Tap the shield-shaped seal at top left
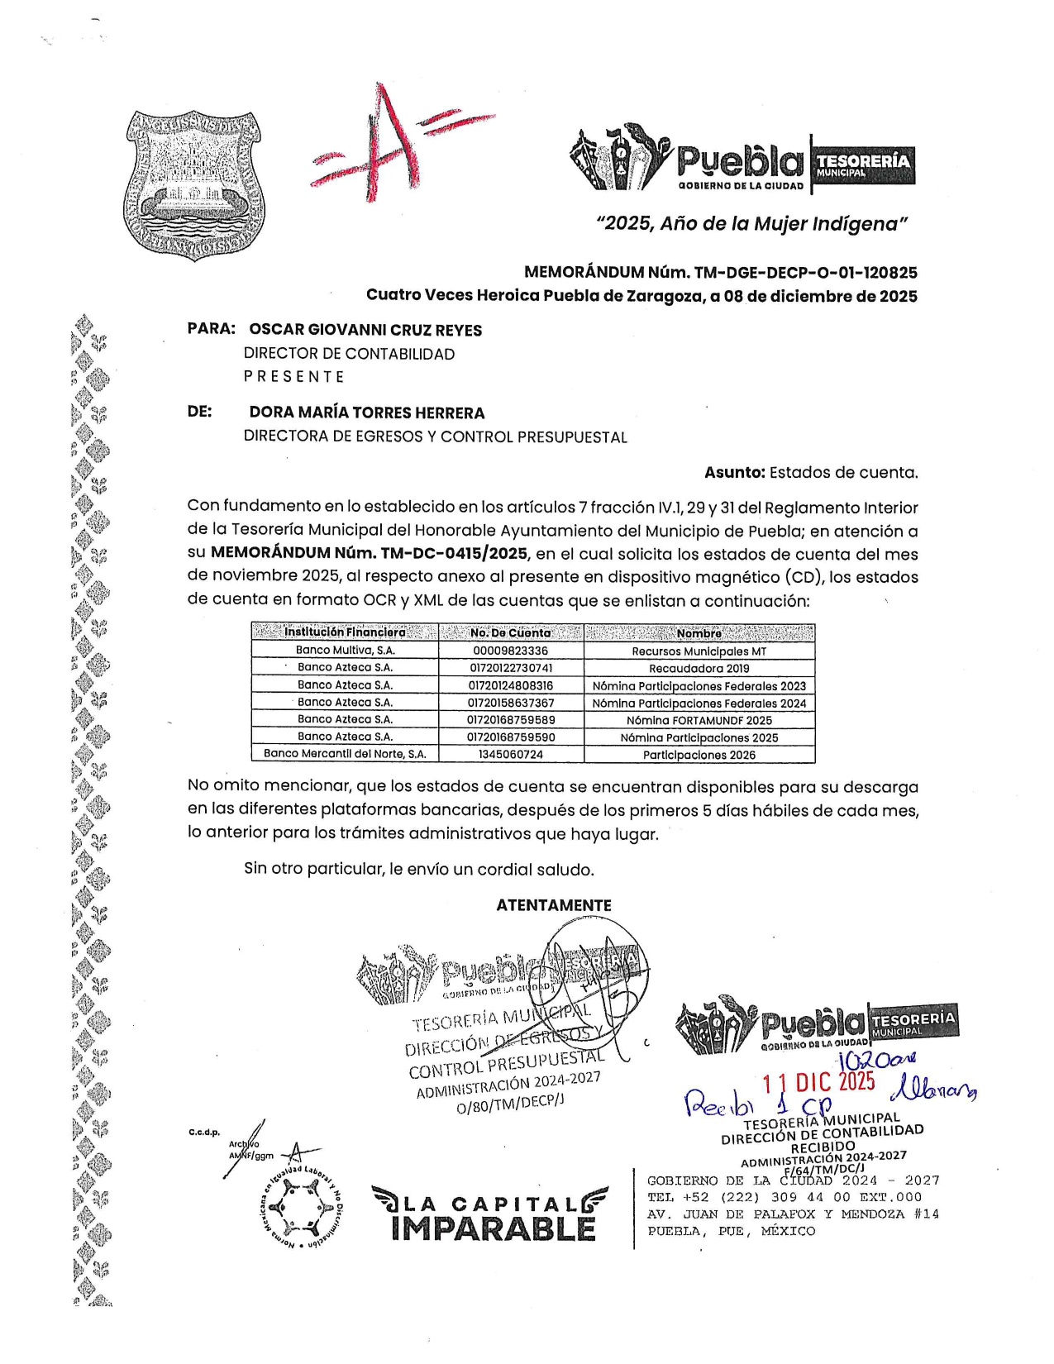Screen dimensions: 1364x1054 (193, 184)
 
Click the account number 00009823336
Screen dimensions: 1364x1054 (510, 651)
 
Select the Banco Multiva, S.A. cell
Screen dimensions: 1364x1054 (346, 651)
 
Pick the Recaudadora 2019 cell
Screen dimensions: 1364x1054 (699, 668)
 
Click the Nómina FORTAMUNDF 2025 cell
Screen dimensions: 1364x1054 (699, 720)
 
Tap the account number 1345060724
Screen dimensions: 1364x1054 (510, 754)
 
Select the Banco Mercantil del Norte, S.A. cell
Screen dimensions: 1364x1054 (345, 754)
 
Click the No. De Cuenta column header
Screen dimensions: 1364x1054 (510, 632)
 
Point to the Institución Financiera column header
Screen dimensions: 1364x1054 (345, 632)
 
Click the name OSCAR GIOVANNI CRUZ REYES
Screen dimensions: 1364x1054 (365, 330)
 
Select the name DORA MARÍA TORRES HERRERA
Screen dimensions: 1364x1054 (367, 413)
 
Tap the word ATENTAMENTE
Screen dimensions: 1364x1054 (553, 905)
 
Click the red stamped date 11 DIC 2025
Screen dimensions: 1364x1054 (818, 1081)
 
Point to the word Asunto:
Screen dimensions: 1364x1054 (734, 473)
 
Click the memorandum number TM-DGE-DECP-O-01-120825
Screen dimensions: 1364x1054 (805, 273)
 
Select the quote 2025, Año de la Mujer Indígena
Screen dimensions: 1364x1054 (751, 224)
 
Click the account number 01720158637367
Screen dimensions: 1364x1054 (510, 703)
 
